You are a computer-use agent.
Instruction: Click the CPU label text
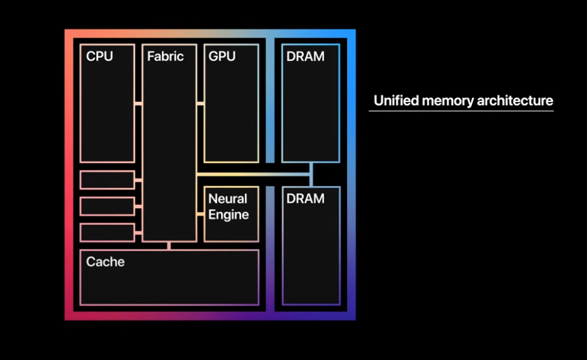pyautogui.click(x=99, y=57)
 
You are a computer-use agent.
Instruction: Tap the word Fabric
pyautogui.click(x=165, y=57)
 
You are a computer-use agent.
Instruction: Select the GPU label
pyautogui.click(x=223, y=57)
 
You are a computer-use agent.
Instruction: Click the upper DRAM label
pyautogui.click(x=305, y=57)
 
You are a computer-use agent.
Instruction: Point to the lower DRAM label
pyautogui.click(x=305, y=199)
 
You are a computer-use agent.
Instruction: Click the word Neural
pyautogui.click(x=228, y=199)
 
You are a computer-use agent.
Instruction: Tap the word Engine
pyautogui.click(x=228, y=214)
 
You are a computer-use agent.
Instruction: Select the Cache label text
pyautogui.click(x=105, y=262)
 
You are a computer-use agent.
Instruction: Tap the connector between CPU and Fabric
pyautogui.click(x=138, y=103)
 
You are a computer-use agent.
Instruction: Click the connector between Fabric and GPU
pyautogui.click(x=200, y=103)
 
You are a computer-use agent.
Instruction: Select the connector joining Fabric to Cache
pyautogui.click(x=169, y=246)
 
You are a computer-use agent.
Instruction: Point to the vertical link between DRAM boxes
pyautogui.click(x=311, y=174)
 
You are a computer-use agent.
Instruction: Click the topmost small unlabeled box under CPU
pyautogui.click(x=107, y=180)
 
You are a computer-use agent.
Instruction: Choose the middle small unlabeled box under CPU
pyautogui.click(x=107, y=206)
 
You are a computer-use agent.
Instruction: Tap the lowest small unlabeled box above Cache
pyautogui.click(x=107, y=232)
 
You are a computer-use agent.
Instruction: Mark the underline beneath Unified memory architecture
pyautogui.click(x=461, y=111)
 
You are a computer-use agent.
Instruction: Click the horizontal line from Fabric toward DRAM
pyautogui.click(x=254, y=174)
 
